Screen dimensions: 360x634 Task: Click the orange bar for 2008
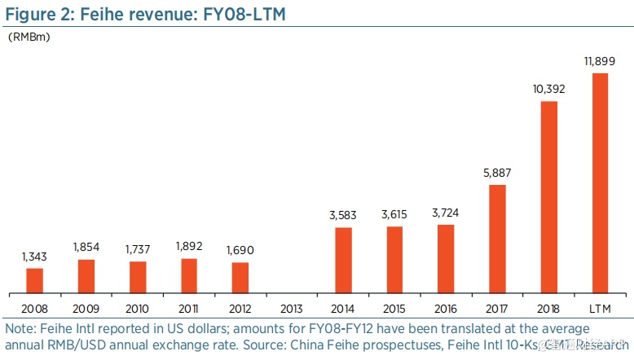[35, 280]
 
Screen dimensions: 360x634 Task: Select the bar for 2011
[189, 275]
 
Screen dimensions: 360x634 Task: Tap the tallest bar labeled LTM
[600, 182]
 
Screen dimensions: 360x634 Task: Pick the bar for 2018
[548, 196]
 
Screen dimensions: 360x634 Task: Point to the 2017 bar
[497, 238]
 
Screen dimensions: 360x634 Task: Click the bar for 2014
[343, 260]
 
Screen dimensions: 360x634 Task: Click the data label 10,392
[548, 90]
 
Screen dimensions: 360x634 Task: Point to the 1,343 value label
[35, 257]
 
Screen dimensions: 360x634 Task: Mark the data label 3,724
[446, 213]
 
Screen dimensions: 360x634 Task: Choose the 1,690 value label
[240, 251]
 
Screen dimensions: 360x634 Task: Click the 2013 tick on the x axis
[292, 310]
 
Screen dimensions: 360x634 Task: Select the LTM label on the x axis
[600, 310]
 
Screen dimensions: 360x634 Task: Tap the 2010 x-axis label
[138, 310]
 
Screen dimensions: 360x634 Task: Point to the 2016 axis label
[446, 310]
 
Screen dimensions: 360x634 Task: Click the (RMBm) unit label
[29, 37]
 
